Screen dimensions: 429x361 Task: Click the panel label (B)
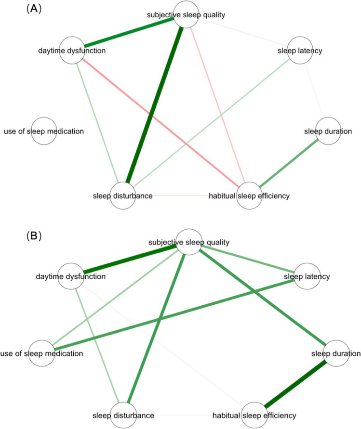coord(16,236)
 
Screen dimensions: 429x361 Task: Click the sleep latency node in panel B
coord(307,276)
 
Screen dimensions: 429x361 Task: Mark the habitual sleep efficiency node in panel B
coord(254,415)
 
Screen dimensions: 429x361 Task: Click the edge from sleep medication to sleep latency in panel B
coord(174,315)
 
